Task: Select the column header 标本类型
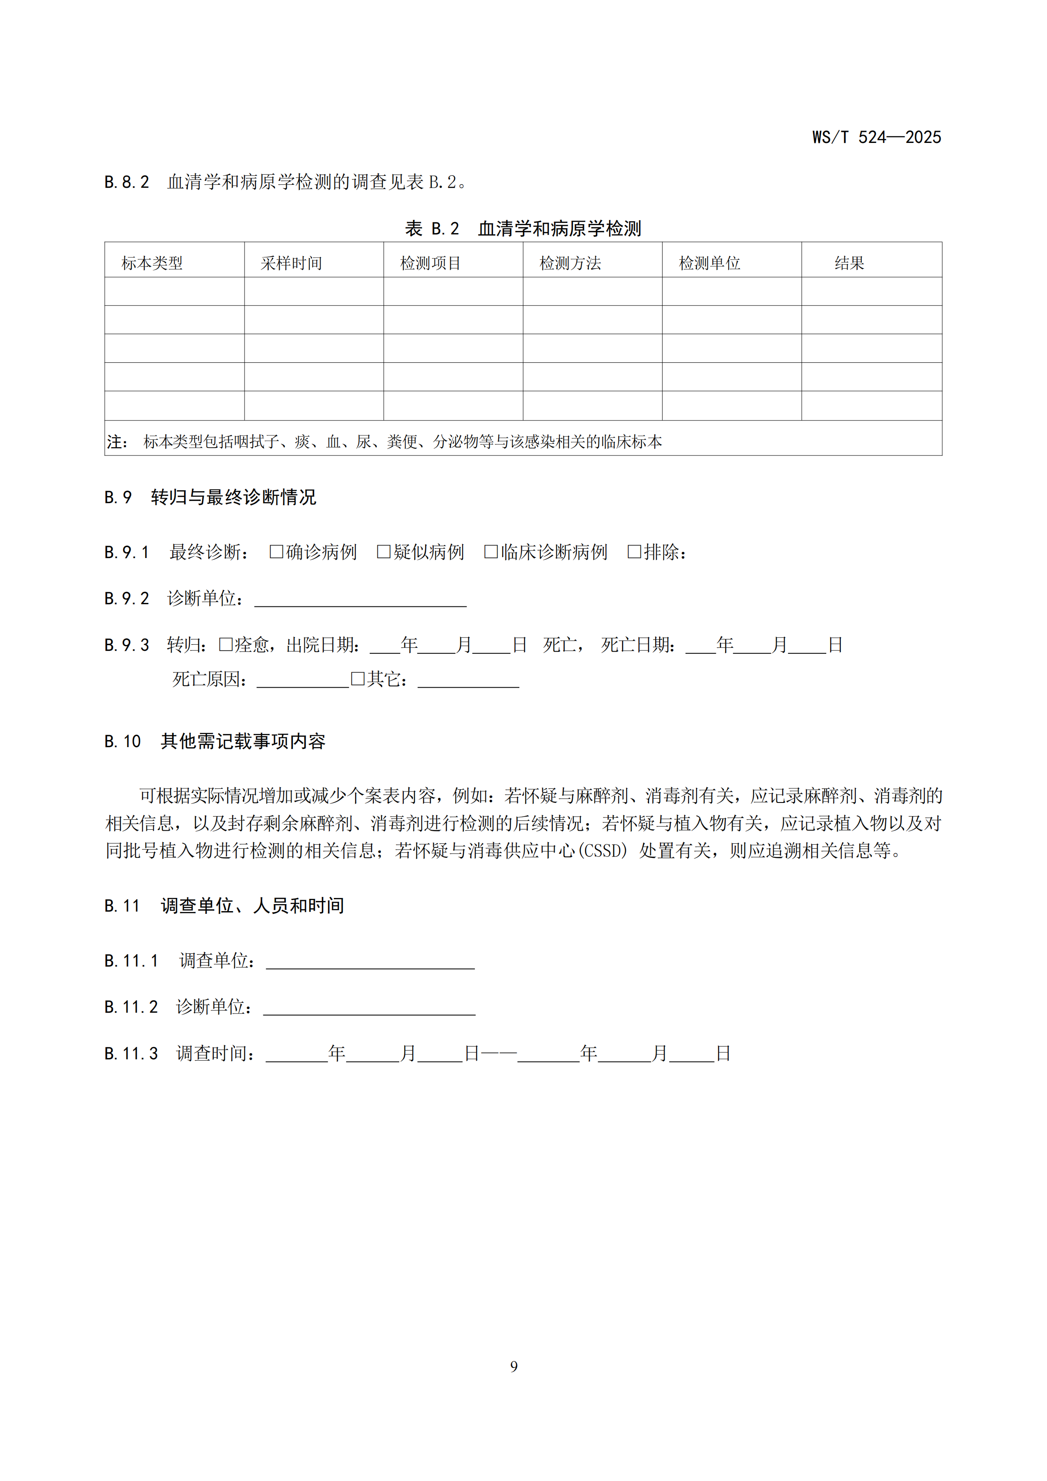pos(152,263)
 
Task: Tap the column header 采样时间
pos(291,263)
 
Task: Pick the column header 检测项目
pos(430,263)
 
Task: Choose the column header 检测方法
pos(570,263)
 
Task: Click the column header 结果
pos(849,263)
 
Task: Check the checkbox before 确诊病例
pos(276,551)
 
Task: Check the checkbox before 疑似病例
pos(384,551)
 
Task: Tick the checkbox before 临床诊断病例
pos(491,551)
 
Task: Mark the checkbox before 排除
pos(634,551)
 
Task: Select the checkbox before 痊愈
pos(226,644)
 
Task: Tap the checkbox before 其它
pos(358,678)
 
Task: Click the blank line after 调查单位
pos(370,963)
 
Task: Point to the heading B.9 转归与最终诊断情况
pos(210,497)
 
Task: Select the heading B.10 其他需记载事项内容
pos(215,741)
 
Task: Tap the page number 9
pos(514,1366)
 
